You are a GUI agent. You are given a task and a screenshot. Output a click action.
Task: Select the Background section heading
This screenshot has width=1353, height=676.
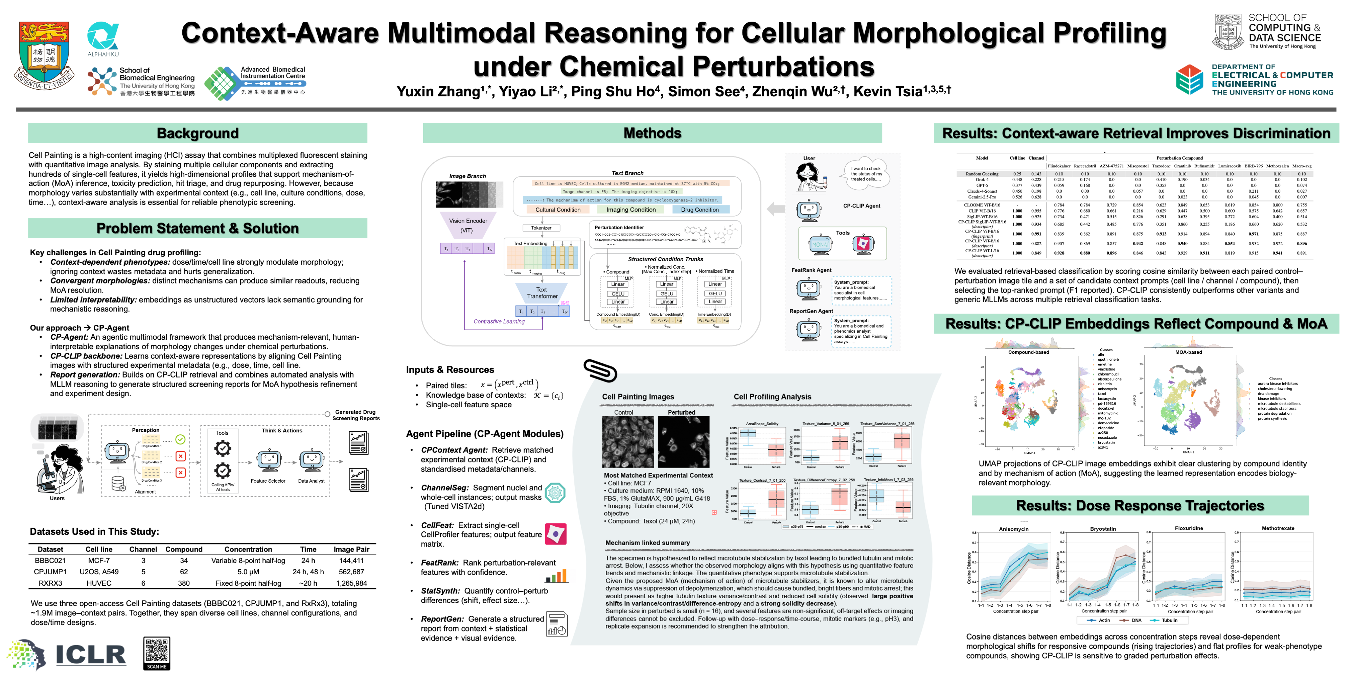click(198, 133)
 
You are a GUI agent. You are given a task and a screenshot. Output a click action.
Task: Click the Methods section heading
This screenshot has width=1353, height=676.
click(652, 133)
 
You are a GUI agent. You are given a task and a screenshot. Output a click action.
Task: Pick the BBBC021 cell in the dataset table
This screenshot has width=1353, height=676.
click(50, 560)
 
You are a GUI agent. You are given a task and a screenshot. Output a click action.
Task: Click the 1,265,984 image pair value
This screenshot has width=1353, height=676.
click(351, 583)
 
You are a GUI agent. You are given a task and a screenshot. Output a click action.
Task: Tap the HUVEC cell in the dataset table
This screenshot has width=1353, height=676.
click(99, 583)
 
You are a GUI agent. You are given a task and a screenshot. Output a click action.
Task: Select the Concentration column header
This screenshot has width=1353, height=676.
click(248, 550)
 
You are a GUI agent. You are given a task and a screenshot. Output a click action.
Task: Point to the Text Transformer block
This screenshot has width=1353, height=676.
click(542, 293)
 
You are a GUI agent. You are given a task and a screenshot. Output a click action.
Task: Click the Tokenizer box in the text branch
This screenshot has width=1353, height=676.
click(541, 228)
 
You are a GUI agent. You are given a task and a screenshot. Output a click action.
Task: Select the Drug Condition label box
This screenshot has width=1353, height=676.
click(700, 210)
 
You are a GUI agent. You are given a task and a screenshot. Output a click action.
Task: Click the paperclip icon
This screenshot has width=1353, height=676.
click(600, 370)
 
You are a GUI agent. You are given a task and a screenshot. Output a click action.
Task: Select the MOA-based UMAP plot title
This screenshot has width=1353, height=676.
click(1188, 352)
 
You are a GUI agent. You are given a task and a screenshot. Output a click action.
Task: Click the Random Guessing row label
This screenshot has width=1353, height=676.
click(982, 174)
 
